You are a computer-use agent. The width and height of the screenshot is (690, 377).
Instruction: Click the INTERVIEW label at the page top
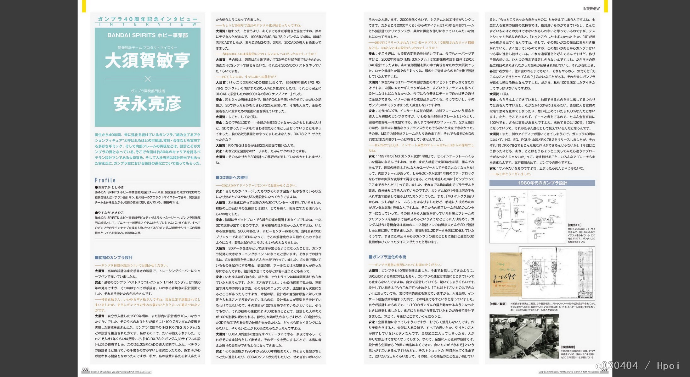click(591, 9)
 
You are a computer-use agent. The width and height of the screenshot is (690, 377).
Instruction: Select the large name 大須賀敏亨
click(147, 61)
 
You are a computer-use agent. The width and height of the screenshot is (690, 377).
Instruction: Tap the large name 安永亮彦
click(147, 104)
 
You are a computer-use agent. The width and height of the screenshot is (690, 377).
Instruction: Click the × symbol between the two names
click(147, 79)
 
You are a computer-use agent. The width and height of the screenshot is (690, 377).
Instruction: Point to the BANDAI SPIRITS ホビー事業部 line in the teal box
click(147, 35)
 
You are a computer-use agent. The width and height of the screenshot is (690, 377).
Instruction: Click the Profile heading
click(105, 180)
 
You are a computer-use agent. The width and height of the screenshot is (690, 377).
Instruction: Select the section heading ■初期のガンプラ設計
click(114, 258)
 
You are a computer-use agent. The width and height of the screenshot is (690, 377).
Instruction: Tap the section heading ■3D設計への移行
click(232, 178)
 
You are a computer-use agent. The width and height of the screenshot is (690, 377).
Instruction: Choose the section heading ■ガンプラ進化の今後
click(387, 257)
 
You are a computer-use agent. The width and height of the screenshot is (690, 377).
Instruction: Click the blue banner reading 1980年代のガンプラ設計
click(542, 183)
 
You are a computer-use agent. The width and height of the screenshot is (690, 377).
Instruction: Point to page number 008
click(85, 369)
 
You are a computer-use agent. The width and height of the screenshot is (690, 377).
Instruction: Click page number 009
click(604, 369)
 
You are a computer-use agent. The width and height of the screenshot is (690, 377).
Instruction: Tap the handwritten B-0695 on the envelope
click(504, 277)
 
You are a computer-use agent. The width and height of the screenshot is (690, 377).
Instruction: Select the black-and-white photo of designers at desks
click(524, 336)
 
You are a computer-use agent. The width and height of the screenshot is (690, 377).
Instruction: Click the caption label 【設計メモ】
click(574, 225)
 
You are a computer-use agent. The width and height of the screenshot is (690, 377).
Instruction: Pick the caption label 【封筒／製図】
click(498, 304)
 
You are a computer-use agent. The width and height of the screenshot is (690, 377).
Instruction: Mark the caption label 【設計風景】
click(568, 347)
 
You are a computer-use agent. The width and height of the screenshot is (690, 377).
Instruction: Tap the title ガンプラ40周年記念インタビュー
click(147, 19)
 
